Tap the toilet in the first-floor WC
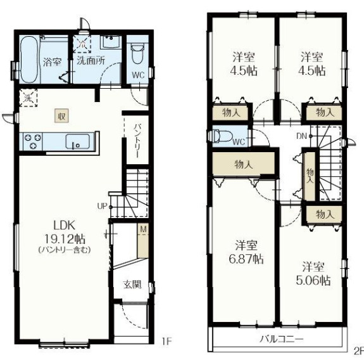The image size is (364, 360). tap(137, 53)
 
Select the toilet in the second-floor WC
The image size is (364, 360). tap(222, 136)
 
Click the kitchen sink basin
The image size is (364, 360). tap(77, 141)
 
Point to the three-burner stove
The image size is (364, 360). tap(32, 141)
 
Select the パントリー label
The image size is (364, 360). tap(137, 141)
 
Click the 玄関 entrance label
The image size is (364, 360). tap(132, 285)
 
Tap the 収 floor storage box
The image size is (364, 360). tap(61, 116)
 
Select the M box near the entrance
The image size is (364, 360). tap(143, 229)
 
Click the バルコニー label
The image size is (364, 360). tap(281, 340)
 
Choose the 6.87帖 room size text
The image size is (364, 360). tap(246, 259)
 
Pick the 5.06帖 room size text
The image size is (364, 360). tap(313, 281)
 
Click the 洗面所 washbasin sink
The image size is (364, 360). tap(111, 42)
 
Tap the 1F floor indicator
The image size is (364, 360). tap(166, 342)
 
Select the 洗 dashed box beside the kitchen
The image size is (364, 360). tap(28, 98)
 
